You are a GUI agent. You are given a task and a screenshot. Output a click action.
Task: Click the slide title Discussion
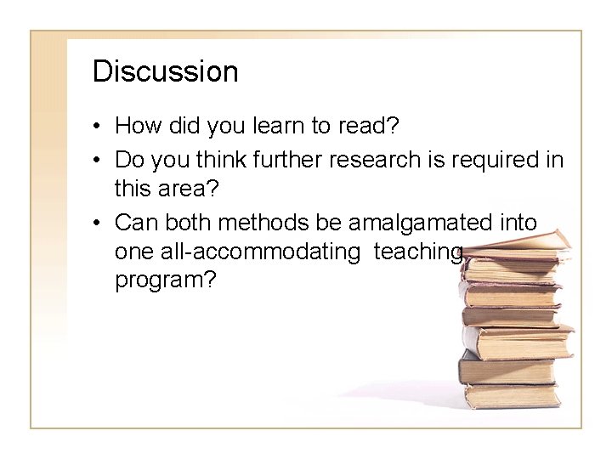[165, 71]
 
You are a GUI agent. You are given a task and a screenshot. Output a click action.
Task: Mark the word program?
[165, 280]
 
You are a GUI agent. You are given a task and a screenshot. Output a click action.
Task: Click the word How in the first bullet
[134, 127]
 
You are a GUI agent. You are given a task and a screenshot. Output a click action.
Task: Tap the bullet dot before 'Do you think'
[99, 160]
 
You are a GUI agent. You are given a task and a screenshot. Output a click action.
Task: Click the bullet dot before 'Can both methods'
[99, 224]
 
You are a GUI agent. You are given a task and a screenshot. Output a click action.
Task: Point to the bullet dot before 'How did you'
[99, 127]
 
